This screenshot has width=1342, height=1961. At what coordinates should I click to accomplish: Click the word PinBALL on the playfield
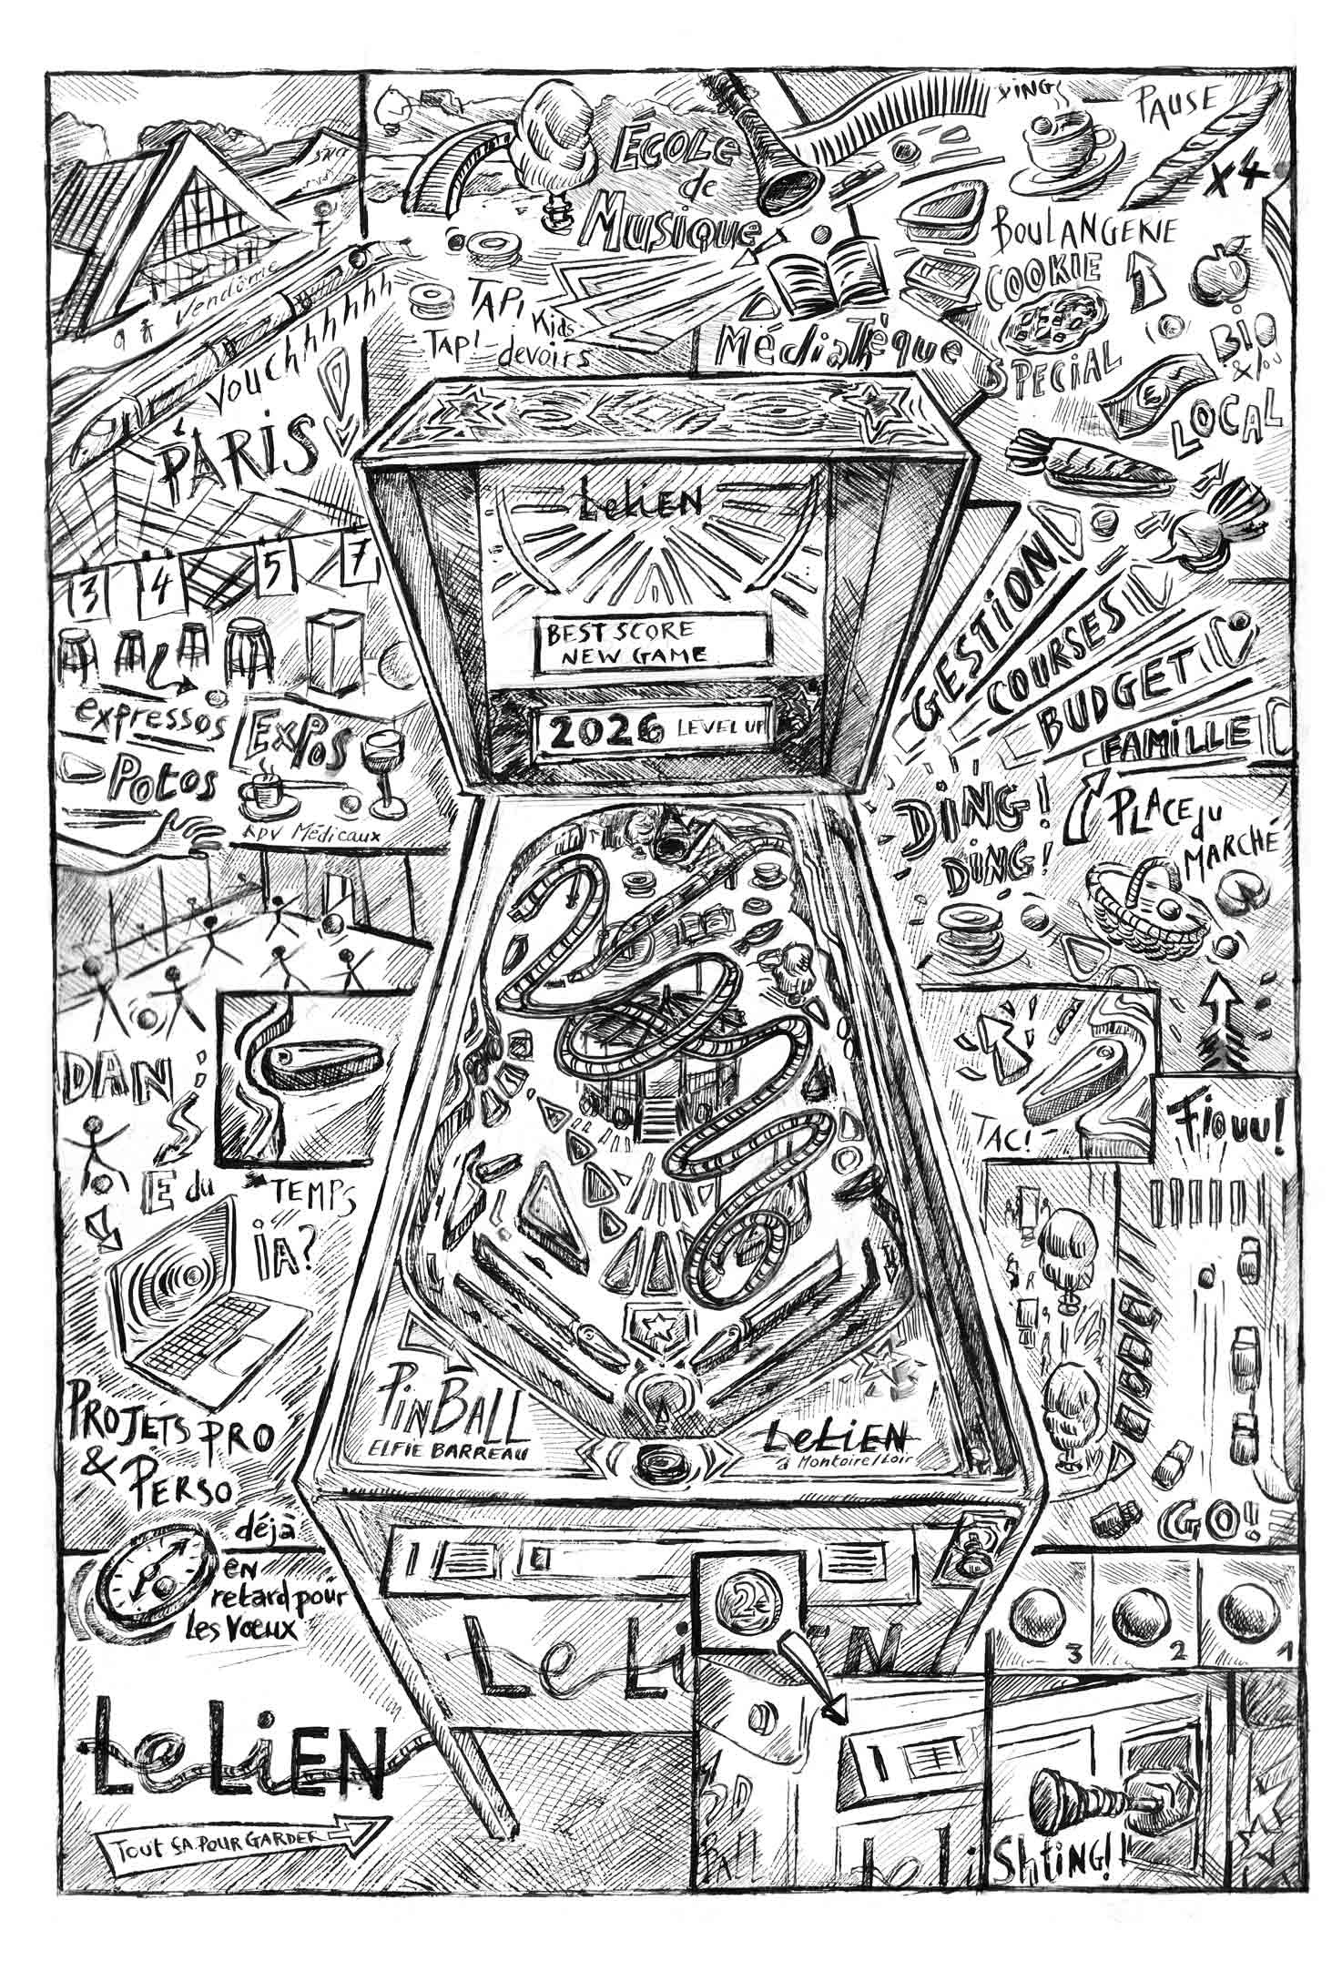pos(450,1425)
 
